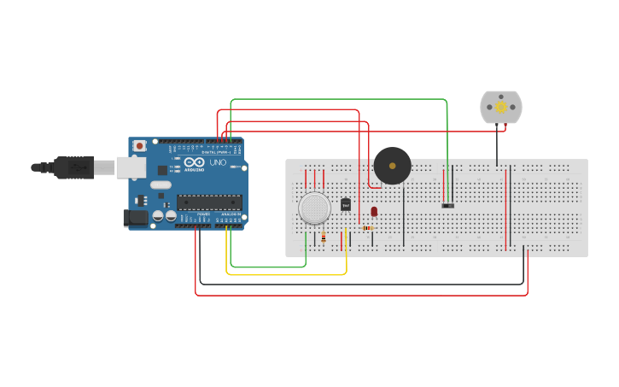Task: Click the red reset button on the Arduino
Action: [x=139, y=146]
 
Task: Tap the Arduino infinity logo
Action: [x=194, y=162]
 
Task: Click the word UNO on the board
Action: [x=218, y=162]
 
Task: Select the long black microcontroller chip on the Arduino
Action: [x=209, y=202]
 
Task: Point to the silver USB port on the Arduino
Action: [x=131, y=167]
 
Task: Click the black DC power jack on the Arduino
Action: [x=135, y=218]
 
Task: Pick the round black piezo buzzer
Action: [x=392, y=166]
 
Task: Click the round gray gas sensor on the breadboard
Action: [x=314, y=208]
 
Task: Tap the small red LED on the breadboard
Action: [x=374, y=211]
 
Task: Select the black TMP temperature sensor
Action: [x=346, y=204]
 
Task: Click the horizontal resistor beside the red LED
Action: [x=368, y=228]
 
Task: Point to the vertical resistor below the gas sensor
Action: [x=324, y=237]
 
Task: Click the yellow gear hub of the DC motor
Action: [x=501, y=107]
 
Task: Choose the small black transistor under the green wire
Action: [x=447, y=205]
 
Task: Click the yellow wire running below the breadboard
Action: [x=286, y=274]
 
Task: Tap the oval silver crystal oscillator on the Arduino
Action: [x=161, y=185]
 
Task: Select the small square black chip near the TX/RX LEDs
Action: [x=162, y=170]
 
